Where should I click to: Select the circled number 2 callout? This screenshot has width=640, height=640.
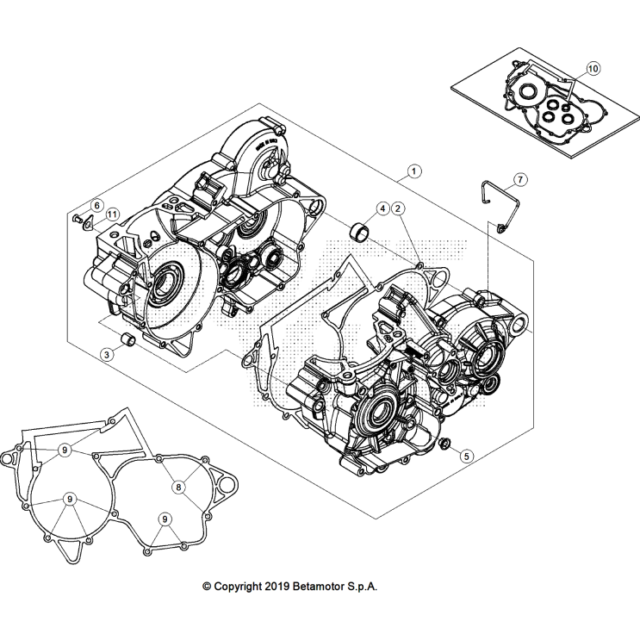coord(397,208)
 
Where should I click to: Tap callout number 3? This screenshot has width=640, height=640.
coord(106,353)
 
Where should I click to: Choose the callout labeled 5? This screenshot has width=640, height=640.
coord(466,456)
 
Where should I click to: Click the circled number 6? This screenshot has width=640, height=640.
coord(97,205)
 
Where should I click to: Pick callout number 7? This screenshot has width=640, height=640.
coord(520,180)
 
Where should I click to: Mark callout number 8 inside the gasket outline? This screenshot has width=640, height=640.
coord(179,487)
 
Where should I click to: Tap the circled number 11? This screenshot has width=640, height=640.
coord(114,214)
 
